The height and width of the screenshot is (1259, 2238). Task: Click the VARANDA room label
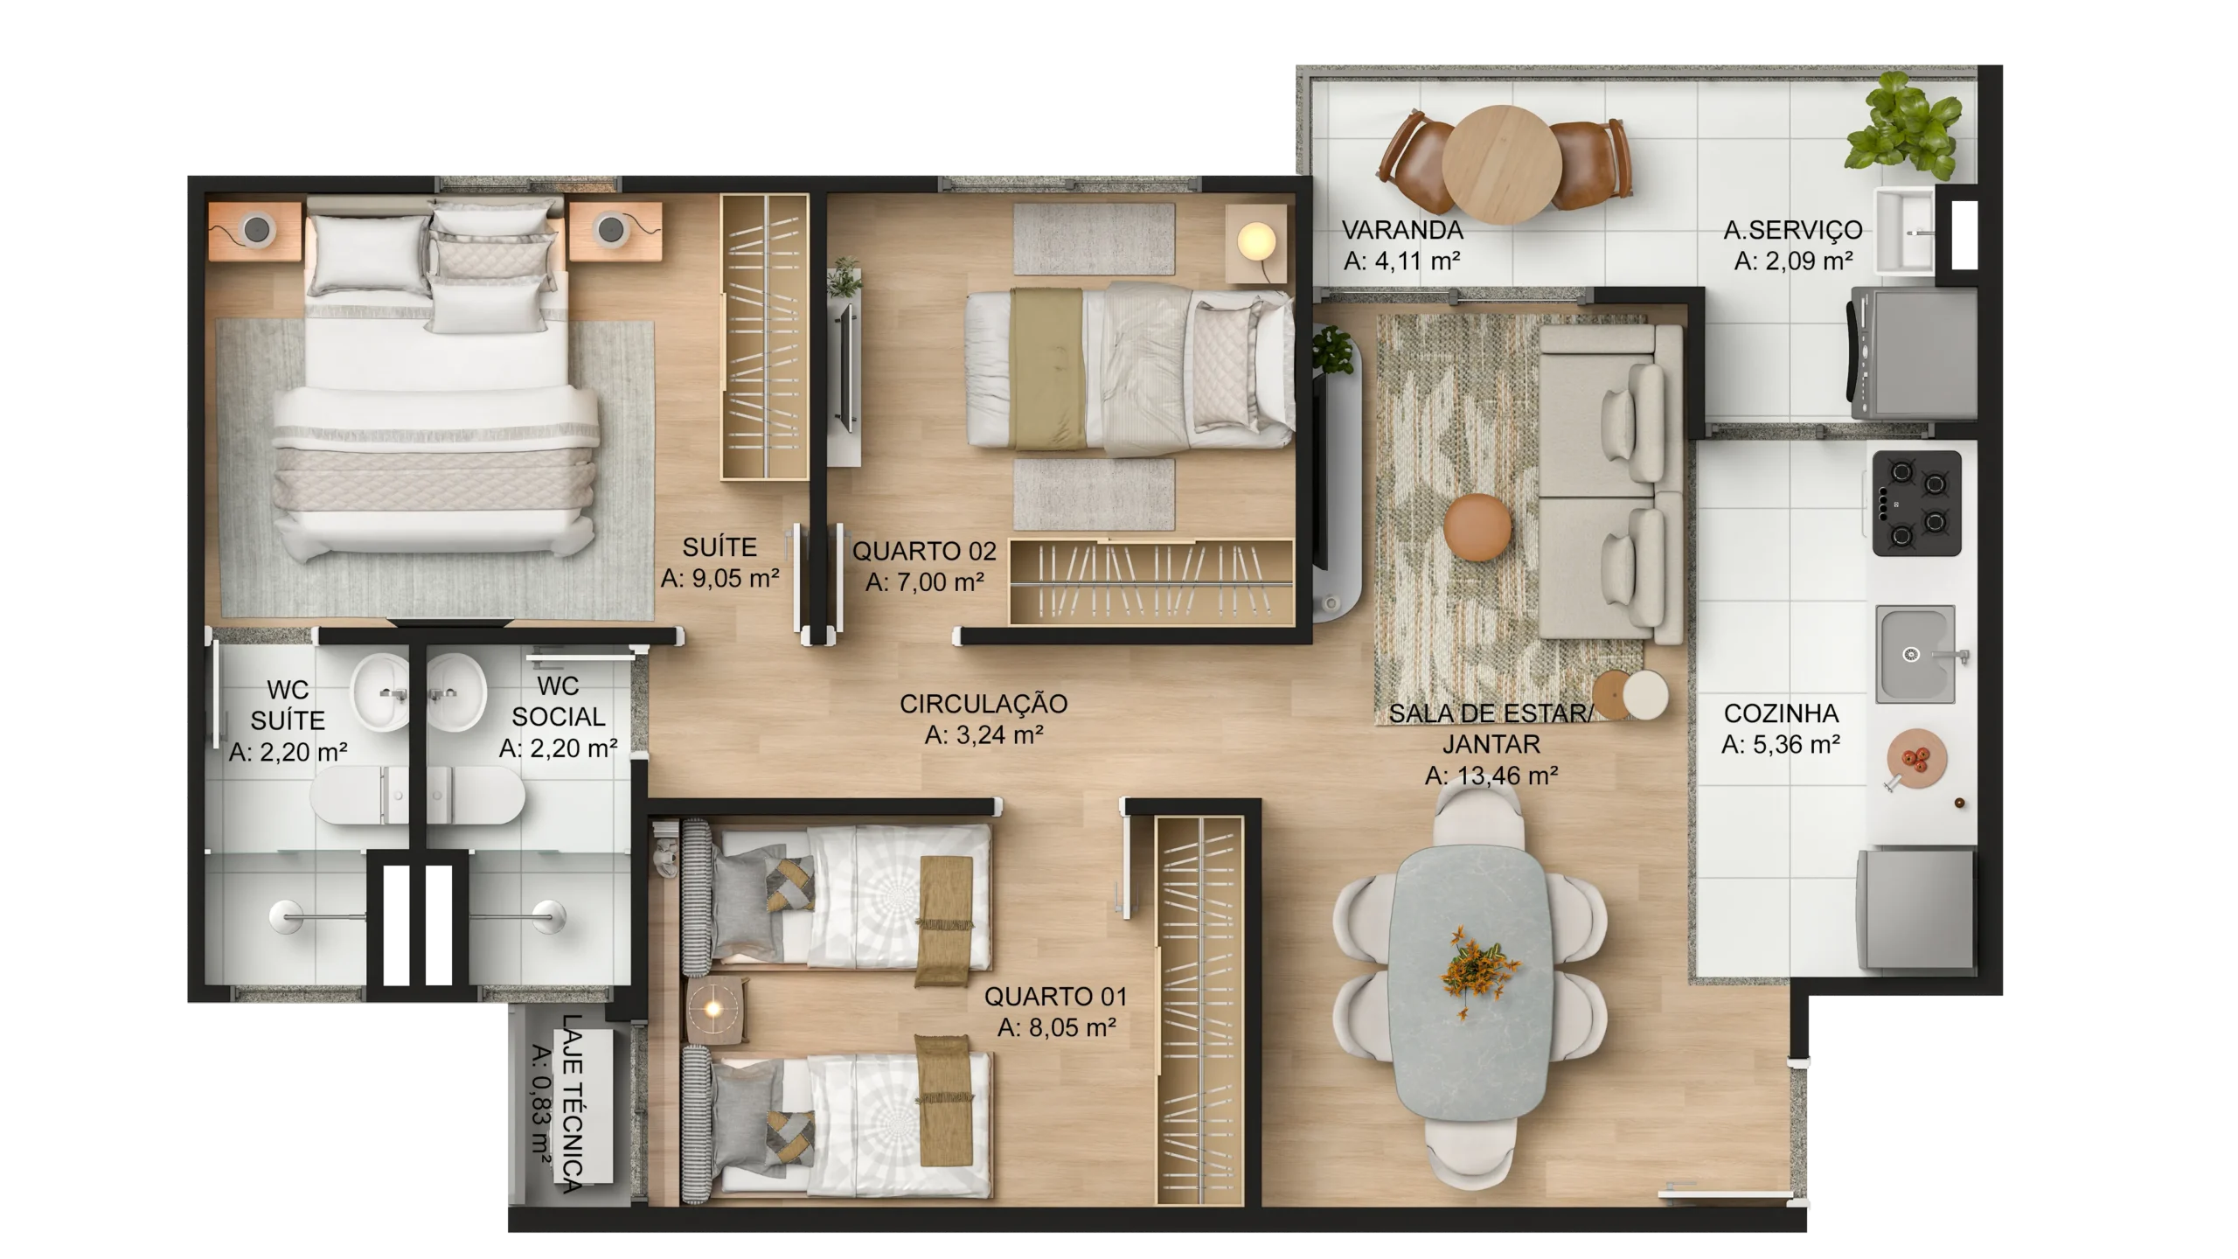[x=1402, y=230]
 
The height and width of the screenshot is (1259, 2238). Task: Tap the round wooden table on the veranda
[x=1502, y=164]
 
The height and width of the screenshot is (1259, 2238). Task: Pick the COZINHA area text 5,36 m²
[x=1781, y=745]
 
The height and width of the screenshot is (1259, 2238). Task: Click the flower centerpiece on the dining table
[x=1477, y=969]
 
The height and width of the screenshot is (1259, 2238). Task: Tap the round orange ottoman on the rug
[x=1477, y=526]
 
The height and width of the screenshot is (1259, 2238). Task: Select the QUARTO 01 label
[x=1056, y=996]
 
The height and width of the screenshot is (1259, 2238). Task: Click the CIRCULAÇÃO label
[x=983, y=704]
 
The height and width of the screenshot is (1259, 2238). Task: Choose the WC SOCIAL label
[x=559, y=701]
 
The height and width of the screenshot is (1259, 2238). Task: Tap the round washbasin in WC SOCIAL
[x=456, y=692]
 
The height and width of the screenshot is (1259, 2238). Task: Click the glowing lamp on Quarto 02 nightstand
[x=1256, y=241]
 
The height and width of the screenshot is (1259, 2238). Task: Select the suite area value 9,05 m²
[x=720, y=579]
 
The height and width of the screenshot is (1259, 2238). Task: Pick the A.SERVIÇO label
[x=1793, y=230]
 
